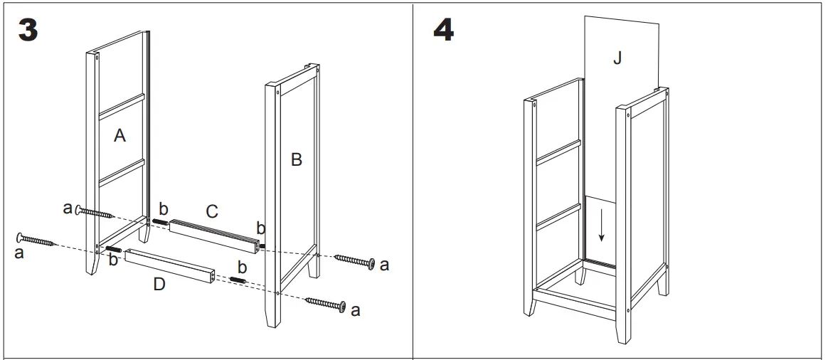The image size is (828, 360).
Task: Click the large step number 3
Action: pos(28,30)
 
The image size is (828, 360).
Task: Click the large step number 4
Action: pos(443,30)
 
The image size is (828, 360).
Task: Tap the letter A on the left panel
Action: pos(120,135)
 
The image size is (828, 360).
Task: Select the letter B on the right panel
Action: pos(297,160)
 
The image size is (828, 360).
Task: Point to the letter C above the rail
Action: pos(211,211)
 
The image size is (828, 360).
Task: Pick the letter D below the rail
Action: pos(159,285)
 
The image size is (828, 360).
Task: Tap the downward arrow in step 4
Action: pos(602,226)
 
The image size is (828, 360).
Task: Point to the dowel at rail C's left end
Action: pos(159,222)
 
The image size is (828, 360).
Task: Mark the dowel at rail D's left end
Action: pos(114,250)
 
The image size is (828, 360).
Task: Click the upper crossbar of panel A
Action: pos(121,105)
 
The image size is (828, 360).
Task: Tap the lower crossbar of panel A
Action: pos(121,173)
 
